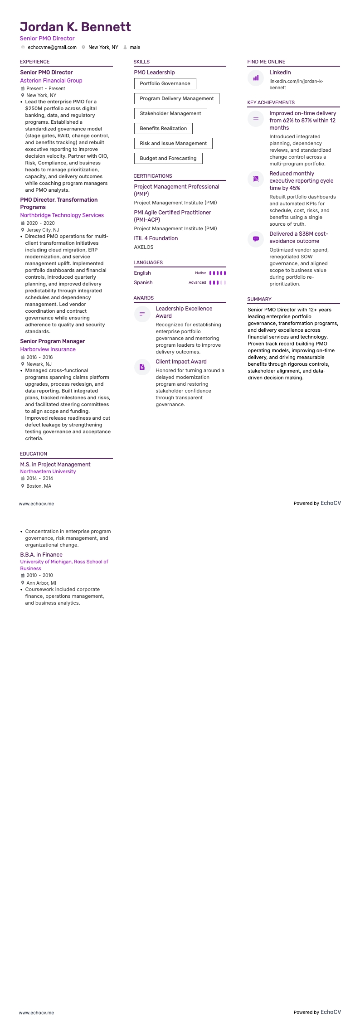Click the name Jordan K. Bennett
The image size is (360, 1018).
75,27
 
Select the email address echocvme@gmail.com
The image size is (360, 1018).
52,47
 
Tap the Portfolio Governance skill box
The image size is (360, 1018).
165,83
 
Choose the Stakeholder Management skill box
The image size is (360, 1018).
170,113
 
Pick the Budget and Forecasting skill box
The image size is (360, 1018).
168,158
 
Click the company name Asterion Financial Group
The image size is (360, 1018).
51,81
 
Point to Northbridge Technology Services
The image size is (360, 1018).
62,215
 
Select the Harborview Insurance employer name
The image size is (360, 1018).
48,349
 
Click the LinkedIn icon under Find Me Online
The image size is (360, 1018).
256,78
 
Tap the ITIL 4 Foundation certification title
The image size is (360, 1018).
156,238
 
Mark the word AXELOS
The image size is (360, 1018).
144,247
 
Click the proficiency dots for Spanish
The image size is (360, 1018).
218,282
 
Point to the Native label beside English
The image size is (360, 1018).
200,273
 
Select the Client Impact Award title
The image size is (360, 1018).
181,362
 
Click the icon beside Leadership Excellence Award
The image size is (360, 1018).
142,314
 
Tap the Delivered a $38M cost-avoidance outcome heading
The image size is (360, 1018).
299,238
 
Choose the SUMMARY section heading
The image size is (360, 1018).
259,299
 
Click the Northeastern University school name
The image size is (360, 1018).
48,471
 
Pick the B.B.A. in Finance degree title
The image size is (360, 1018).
41,555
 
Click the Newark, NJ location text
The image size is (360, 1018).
39,364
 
